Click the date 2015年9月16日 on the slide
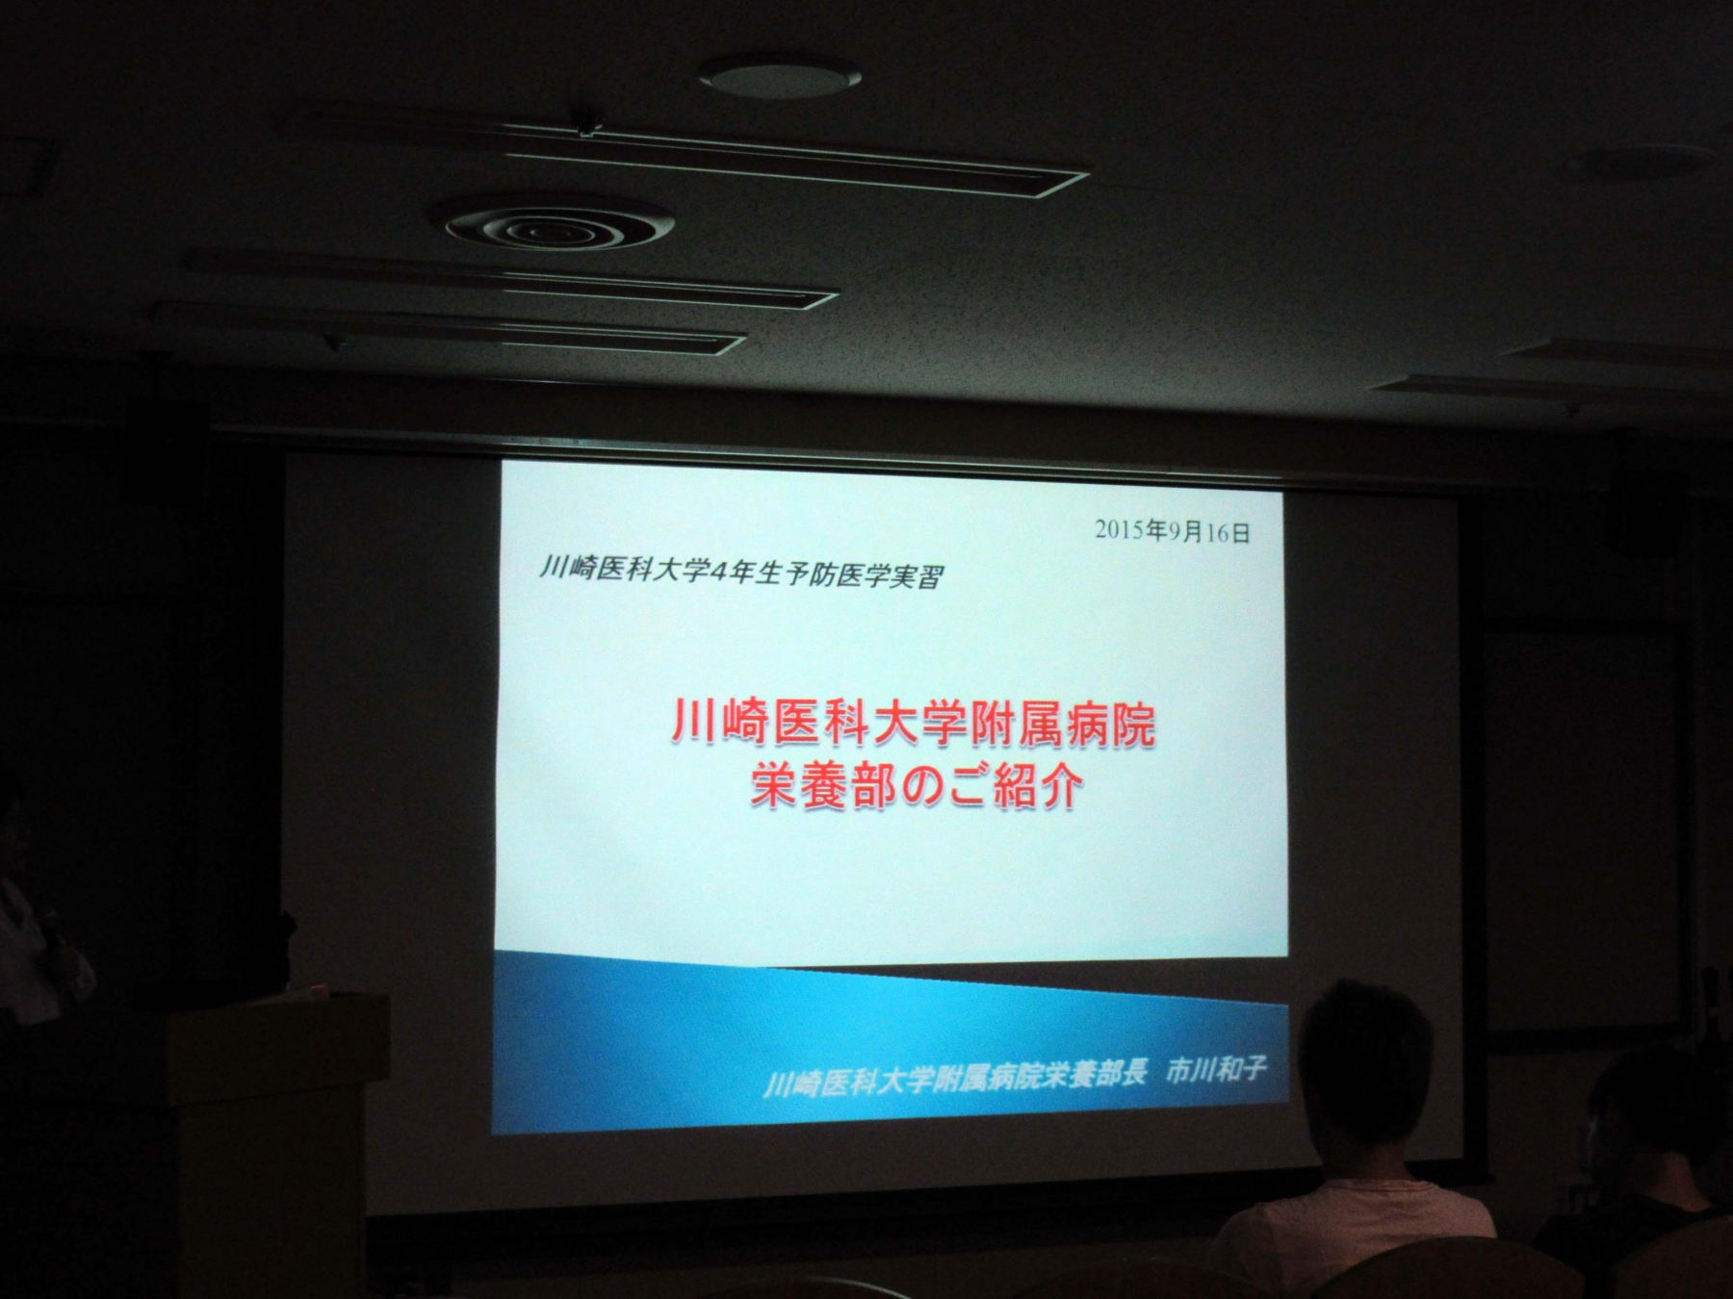click(x=1172, y=531)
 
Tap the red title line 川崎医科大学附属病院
click(x=912, y=726)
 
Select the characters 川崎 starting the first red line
click(x=717, y=726)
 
